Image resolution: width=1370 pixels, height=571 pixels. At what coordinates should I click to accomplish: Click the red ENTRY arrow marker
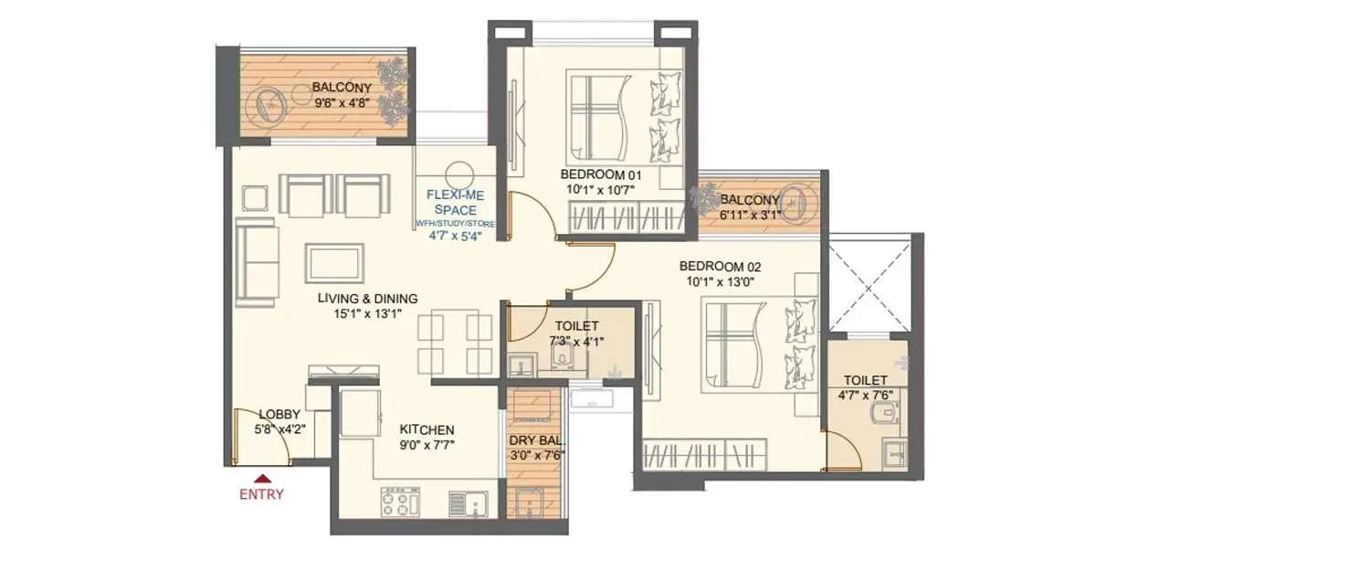262,477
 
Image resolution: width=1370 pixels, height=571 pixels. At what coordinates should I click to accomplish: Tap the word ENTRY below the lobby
262,494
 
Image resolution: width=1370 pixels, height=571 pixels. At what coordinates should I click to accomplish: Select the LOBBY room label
279,414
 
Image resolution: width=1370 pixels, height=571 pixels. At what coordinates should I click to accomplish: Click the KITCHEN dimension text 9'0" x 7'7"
427,446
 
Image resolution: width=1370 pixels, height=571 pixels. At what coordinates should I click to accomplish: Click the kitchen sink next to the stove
468,503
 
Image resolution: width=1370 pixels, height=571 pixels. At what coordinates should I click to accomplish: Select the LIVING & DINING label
367,299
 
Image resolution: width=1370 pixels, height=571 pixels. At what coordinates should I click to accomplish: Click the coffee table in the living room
334,263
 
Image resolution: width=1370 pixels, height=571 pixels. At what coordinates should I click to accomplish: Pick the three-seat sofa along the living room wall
257,261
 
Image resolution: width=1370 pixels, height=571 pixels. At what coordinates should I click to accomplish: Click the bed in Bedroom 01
621,115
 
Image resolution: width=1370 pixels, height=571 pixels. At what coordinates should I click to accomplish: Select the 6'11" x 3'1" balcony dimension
749,216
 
